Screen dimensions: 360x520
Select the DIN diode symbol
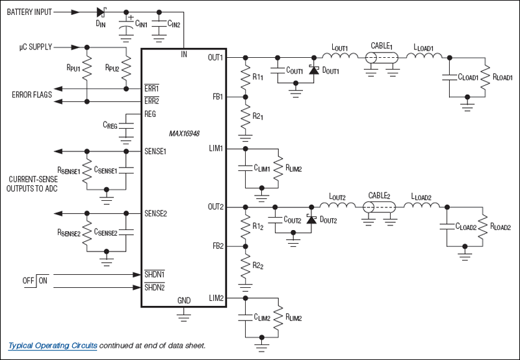coord(101,12)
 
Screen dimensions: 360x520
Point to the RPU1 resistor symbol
coord(86,68)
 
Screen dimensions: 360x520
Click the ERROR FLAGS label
coord(32,95)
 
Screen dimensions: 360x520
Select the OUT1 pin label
coord(215,57)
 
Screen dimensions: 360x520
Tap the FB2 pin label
coord(217,246)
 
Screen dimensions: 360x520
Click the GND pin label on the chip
coord(184,300)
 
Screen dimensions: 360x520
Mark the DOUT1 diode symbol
coord(315,70)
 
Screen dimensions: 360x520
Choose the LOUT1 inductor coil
coord(341,58)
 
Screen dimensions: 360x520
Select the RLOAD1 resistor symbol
coord(484,77)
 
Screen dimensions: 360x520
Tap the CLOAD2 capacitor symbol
coord(447,227)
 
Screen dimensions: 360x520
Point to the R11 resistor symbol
coord(245,77)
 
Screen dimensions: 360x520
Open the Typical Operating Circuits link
coord(53,346)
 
